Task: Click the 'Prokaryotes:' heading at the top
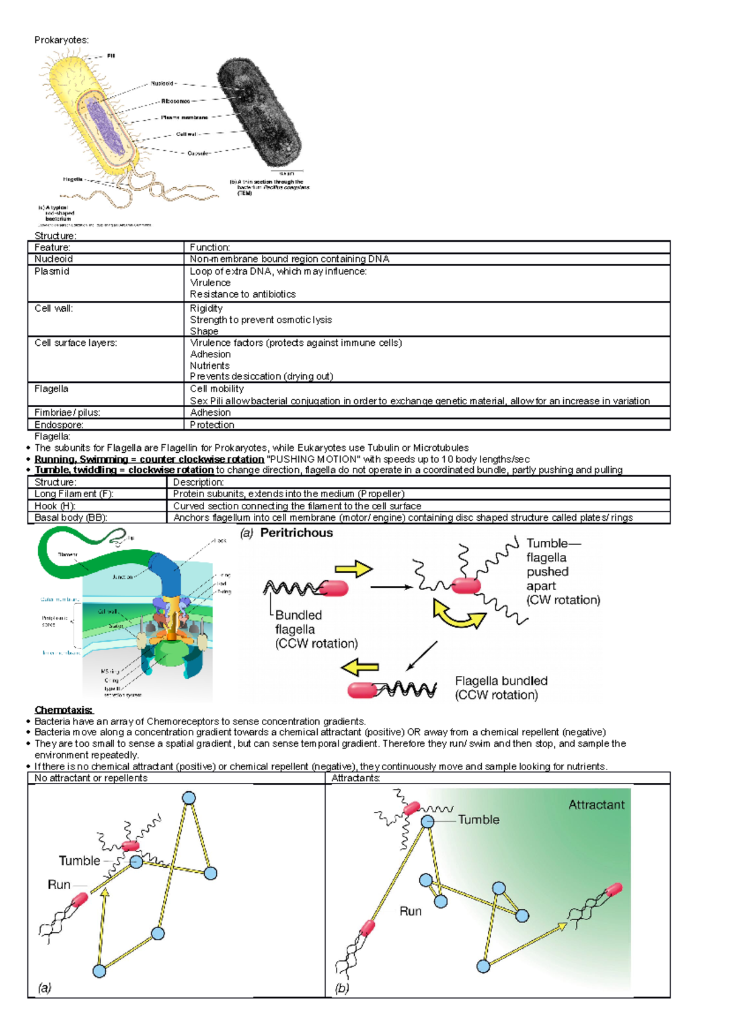point(61,40)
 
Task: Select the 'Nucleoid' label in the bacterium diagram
point(162,83)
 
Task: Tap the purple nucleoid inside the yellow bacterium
point(104,126)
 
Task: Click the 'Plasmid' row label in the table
point(52,271)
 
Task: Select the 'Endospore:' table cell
point(59,425)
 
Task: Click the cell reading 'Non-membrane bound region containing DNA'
point(289,259)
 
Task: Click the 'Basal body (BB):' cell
point(70,518)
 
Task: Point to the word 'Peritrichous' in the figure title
point(296,533)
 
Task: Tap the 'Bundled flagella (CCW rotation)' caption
point(316,629)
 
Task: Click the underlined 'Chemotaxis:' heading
point(64,710)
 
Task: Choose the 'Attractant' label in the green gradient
point(596,805)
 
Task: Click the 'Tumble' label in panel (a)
point(79,861)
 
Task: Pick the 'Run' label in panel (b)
point(410,911)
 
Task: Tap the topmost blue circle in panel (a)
point(189,798)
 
